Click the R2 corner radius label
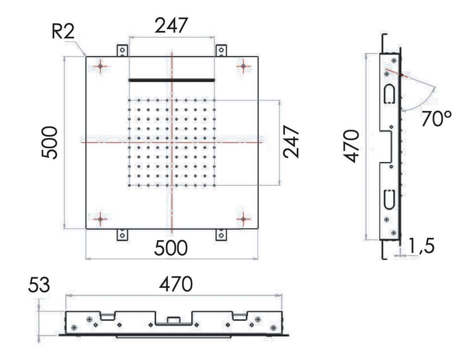[62, 33]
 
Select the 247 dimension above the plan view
[171, 26]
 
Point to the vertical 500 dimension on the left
[50, 142]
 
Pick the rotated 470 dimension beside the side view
[353, 147]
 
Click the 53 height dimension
[39, 286]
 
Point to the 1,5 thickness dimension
[421, 247]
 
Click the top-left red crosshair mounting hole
[100, 67]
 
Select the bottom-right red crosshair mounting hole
[243, 219]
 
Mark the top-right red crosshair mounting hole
[243, 67]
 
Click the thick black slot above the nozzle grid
[171, 80]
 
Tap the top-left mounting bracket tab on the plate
[122, 51]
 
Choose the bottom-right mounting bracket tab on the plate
[221, 235]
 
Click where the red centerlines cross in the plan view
[171, 142]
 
